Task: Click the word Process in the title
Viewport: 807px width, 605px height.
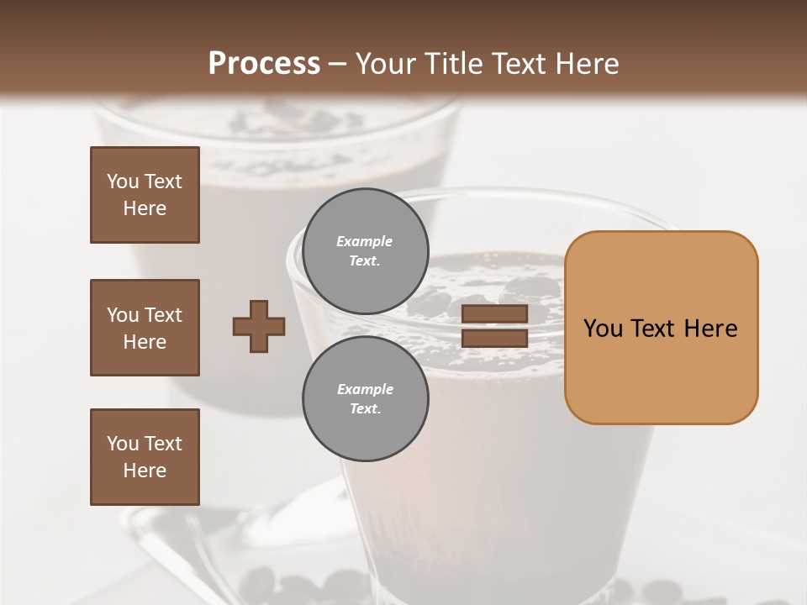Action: coord(264,64)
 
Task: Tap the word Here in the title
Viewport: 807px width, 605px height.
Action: coord(585,64)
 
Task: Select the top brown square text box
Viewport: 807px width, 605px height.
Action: coord(145,195)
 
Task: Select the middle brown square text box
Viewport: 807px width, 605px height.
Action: coord(145,328)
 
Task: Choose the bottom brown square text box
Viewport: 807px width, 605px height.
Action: coord(145,457)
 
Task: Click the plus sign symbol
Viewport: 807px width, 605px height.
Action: coord(259,326)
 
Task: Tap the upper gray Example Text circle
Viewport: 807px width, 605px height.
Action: coord(365,251)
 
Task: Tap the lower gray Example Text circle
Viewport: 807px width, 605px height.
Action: coord(365,399)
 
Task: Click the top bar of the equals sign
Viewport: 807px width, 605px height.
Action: coord(495,314)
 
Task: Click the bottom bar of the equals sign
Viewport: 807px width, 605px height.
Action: coord(495,339)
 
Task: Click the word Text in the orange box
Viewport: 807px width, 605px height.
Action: coord(657,329)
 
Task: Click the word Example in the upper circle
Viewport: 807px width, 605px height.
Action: coord(365,241)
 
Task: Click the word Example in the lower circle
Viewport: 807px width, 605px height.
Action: coord(365,389)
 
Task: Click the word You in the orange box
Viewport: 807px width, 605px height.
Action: coord(604,329)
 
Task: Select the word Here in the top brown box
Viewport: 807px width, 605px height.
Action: coord(145,208)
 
